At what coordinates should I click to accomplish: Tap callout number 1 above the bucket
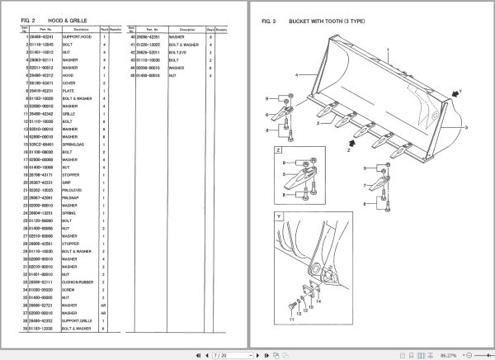tap(387, 50)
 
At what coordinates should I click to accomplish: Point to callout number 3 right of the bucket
tap(466, 128)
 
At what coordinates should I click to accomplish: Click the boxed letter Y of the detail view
tap(280, 217)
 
